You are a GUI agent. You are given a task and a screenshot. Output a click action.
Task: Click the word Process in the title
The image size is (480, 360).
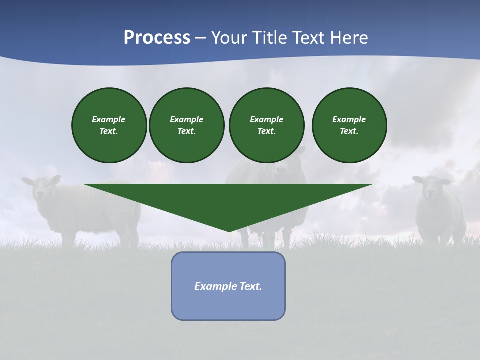click(x=157, y=38)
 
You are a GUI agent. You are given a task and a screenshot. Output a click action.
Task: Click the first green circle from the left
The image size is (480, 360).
click(x=109, y=125)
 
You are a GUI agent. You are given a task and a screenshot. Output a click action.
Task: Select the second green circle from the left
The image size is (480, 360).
click(x=186, y=125)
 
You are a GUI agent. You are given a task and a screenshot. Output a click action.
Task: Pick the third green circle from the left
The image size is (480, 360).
click(x=266, y=125)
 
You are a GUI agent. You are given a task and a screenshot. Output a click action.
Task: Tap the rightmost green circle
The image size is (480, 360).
click(x=349, y=125)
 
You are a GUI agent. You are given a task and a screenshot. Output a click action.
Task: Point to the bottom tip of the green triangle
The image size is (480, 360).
click(x=229, y=231)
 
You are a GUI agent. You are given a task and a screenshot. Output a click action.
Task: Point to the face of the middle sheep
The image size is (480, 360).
click(x=282, y=172)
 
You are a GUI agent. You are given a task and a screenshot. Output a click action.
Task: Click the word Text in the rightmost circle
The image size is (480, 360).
click(x=349, y=131)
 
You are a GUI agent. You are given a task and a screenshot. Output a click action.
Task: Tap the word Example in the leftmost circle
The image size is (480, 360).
click(x=109, y=119)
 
